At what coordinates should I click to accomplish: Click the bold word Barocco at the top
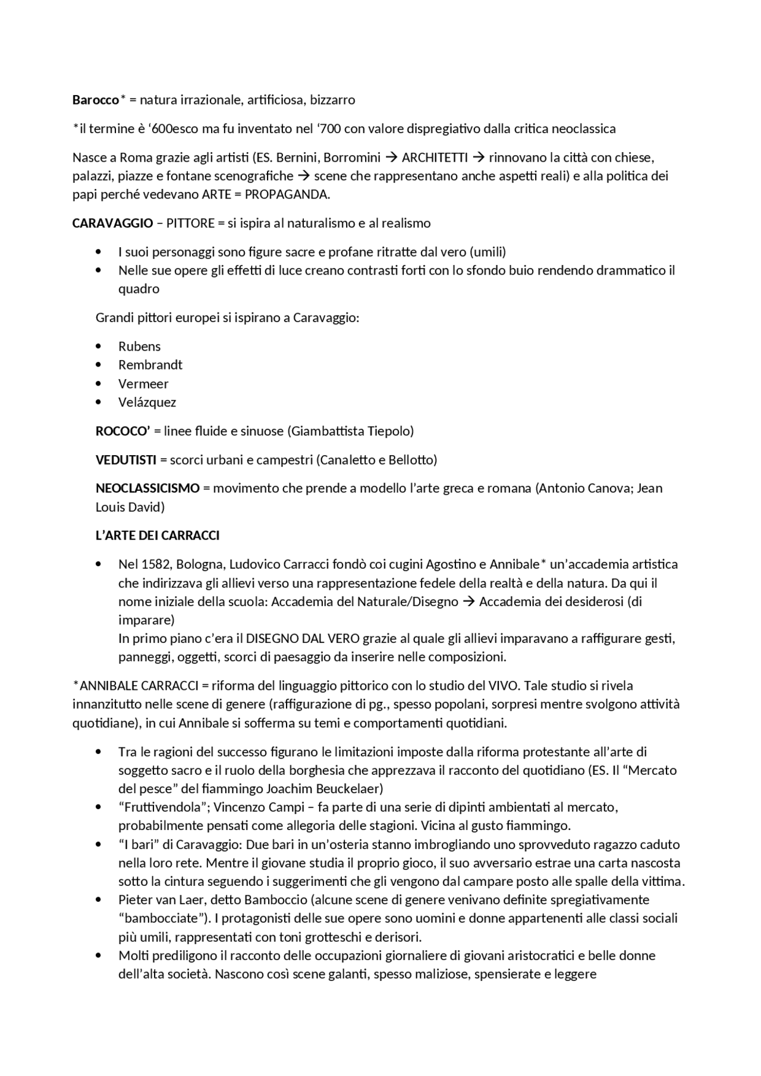pyautogui.click(x=96, y=100)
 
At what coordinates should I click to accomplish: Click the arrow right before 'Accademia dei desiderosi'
pyautogui.click(x=468, y=602)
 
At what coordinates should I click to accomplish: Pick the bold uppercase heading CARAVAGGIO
pyautogui.click(x=113, y=223)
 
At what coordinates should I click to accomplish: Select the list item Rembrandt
pyautogui.click(x=150, y=365)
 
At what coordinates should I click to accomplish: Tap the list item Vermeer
pyautogui.click(x=143, y=384)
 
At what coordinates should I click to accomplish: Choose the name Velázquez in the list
pyautogui.click(x=147, y=402)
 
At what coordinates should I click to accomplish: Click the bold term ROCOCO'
pyautogui.click(x=122, y=431)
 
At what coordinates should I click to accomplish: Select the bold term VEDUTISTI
pyautogui.click(x=126, y=460)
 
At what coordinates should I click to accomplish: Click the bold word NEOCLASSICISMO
pyautogui.click(x=147, y=488)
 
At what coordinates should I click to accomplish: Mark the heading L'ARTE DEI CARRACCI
pyautogui.click(x=158, y=536)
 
